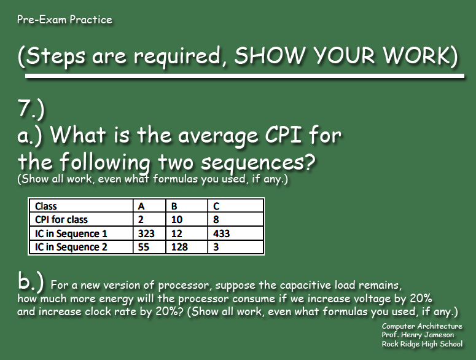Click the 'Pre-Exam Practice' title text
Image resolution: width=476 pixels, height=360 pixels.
(64, 20)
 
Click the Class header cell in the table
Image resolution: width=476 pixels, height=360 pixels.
(47, 206)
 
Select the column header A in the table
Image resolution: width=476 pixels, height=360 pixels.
(142, 206)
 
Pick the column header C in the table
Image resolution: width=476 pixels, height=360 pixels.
(216, 206)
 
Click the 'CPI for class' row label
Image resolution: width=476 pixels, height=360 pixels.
(61, 220)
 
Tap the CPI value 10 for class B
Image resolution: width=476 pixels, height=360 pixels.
(176, 220)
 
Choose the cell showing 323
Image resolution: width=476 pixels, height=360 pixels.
(147, 233)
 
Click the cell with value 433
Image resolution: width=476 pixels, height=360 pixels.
(221, 233)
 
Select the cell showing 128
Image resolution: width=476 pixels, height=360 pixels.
(179, 247)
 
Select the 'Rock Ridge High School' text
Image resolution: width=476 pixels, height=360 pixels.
(422, 344)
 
